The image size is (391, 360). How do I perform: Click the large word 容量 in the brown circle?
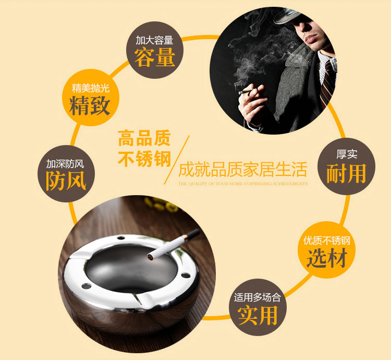[155, 57]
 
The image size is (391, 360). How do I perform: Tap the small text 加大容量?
[154, 40]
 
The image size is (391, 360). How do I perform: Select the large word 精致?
[90, 106]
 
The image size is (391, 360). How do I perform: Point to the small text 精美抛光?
[91, 88]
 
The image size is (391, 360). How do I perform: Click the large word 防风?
[66, 181]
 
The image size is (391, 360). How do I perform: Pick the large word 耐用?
[346, 174]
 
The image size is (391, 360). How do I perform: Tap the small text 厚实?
[347, 154]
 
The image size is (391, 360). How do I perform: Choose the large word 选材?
[327, 257]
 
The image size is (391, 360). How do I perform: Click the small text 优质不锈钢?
[327, 241]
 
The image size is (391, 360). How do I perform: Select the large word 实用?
[258, 316]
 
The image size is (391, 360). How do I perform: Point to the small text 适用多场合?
[258, 297]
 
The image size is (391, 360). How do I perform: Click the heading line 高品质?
[144, 138]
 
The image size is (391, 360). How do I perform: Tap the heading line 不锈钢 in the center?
[144, 159]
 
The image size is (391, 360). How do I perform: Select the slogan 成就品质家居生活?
[242, 170]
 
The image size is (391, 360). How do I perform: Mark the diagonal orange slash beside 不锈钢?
[177, 160]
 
